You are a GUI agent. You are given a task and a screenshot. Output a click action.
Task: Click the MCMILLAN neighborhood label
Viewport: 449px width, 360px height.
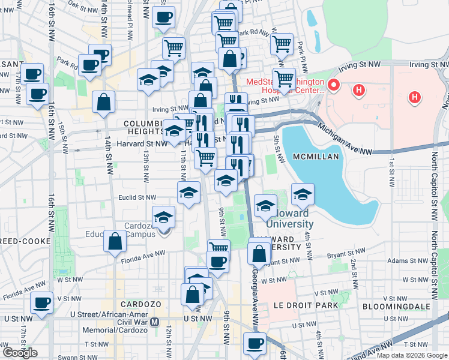316,157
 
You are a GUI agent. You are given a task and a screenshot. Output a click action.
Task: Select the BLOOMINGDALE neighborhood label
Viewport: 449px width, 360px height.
397,306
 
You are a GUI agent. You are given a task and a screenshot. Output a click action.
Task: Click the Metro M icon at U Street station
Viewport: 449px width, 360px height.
155,322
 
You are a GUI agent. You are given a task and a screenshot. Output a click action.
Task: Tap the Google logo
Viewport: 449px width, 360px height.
20,353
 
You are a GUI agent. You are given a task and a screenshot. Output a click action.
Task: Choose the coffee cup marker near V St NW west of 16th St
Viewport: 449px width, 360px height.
42,303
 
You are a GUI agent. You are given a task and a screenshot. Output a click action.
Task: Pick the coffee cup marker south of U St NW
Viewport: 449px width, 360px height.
255,344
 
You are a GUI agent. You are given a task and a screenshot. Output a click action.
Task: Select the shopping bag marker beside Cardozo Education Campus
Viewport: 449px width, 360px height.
114,241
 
